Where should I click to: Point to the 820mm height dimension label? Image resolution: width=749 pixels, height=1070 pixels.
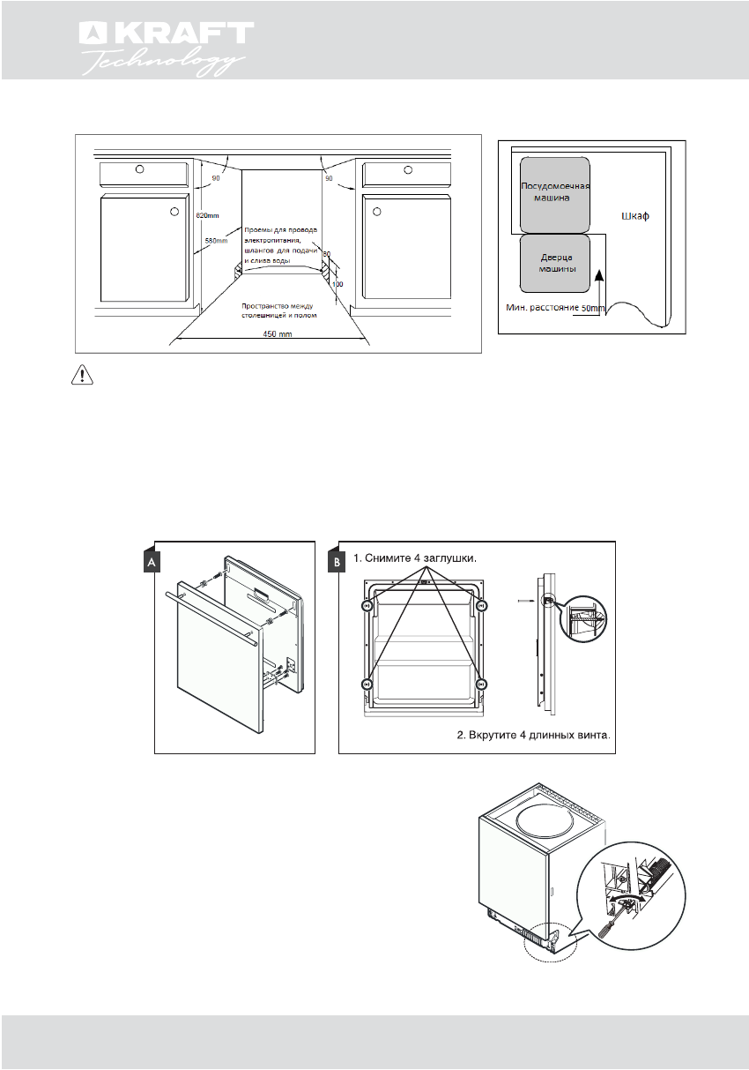click(207, 215)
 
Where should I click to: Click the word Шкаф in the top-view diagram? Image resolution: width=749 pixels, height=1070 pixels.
click(634, 216)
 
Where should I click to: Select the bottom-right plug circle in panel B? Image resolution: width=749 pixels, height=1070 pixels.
click(481, 684)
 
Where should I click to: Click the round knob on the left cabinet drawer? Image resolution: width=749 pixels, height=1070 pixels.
click(139, 169)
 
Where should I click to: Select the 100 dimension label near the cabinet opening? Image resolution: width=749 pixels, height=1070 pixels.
click(337, 285)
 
